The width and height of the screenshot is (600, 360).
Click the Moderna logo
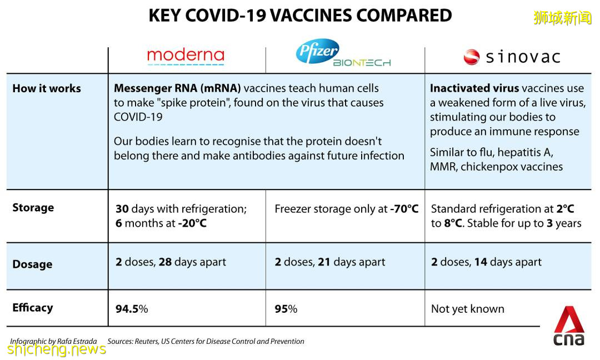[x=186, y=56]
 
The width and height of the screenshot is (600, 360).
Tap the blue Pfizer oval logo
[x=318, y=51]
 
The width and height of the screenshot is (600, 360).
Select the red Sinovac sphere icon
[x=472, y=57]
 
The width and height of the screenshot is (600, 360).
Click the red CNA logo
[x=569, y=326]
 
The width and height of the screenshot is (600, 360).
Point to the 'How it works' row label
[x=47, y=88]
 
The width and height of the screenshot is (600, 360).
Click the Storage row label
[x=33, y=208]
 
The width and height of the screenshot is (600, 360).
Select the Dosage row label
[x=33, y=264]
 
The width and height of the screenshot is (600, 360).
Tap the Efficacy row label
[x=33, y=308]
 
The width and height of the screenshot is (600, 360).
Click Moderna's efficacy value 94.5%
[x=132, y=309]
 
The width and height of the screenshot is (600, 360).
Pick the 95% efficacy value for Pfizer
[x=286, y=309]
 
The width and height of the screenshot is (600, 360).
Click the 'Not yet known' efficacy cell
[x=468, y=309]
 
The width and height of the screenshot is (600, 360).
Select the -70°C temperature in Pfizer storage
[x=404, y=209]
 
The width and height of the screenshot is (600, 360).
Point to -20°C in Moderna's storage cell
[x=192, y=223]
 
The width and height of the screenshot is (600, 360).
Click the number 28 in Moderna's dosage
[x=166, y=262]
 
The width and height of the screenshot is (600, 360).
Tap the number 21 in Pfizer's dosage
[x=324, y=262]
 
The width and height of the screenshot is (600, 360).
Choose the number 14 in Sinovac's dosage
[x=481, y=262]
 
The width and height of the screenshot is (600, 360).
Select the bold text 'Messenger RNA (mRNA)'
[x=178, y=88]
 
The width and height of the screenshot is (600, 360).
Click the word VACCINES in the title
[x=312, y=16]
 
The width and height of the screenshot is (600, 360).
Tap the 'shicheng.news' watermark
[x=57, y=349]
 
